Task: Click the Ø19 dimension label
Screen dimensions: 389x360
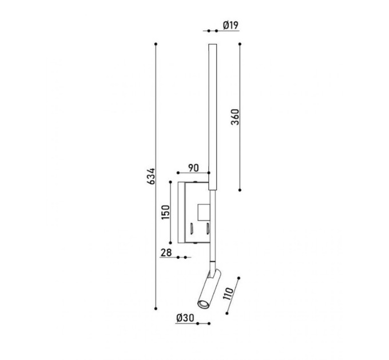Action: (231, 25)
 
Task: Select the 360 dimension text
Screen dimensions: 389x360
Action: (235, 117)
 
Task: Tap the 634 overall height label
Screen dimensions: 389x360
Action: (151, 177)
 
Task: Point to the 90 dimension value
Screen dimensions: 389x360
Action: (193, 168)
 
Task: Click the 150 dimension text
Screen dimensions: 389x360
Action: (165, 212)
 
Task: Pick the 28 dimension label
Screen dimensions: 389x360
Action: (166, 253)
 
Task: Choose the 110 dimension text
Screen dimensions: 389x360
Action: (228, 294)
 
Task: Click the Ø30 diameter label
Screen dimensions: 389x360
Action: (185, 318)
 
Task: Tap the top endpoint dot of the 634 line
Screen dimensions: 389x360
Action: (156, 44)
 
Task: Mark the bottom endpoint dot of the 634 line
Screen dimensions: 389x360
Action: (156, 309)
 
